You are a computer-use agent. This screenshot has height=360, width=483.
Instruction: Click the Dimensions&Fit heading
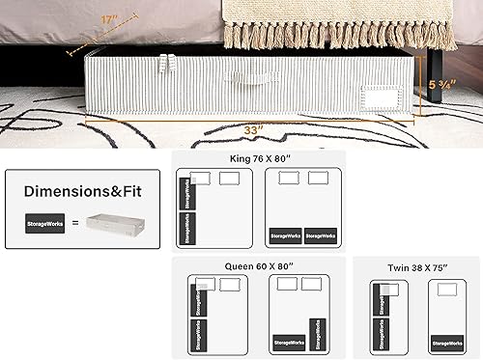83,192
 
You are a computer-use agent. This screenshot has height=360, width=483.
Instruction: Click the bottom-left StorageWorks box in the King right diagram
285,235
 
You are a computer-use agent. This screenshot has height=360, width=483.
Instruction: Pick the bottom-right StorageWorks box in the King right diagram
321,235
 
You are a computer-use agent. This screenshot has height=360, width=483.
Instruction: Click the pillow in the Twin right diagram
446,290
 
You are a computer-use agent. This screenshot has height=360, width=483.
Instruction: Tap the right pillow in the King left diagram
229,178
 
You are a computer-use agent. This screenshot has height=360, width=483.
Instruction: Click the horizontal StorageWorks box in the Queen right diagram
289,342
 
